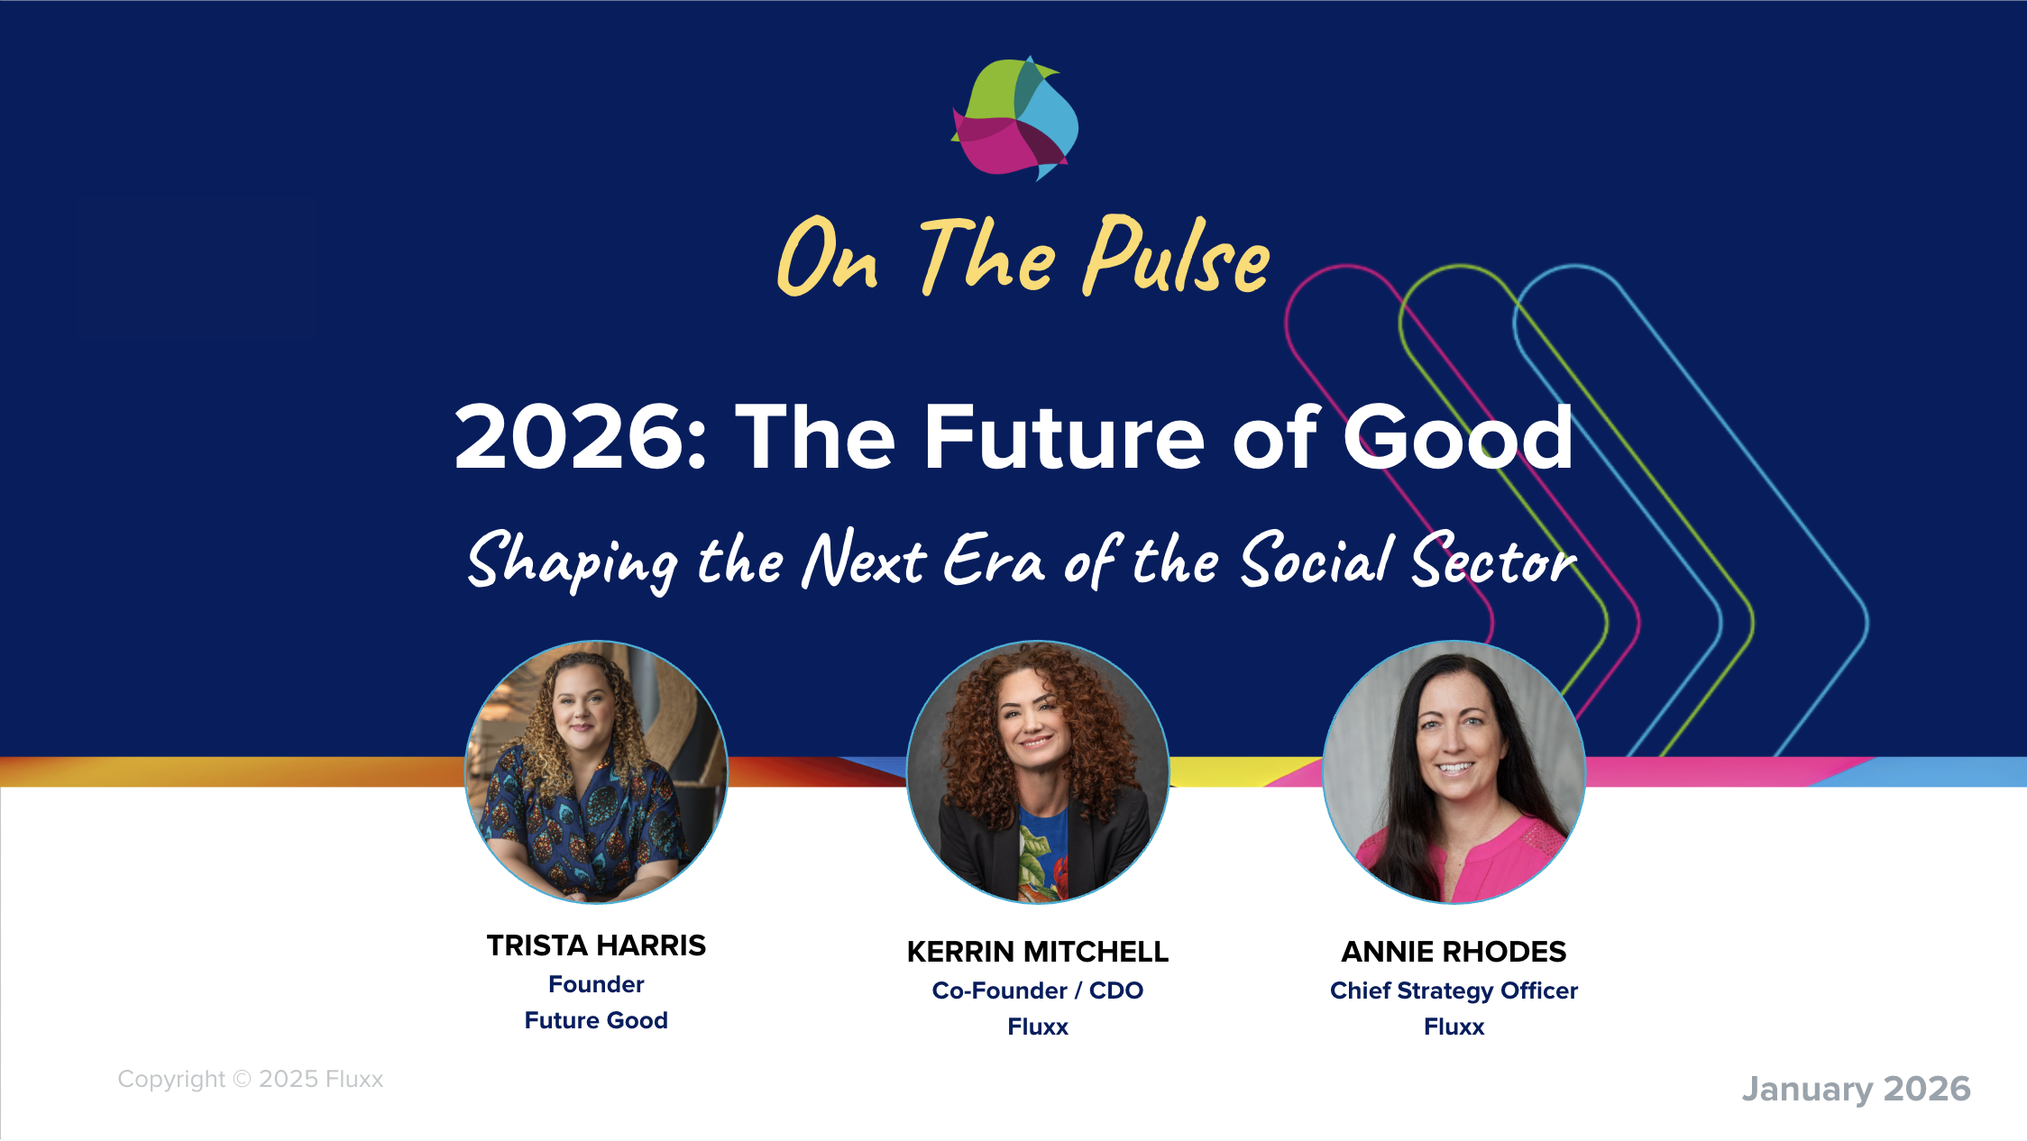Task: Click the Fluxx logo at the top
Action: [x=1014, y=118]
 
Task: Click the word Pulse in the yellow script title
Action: [x=1177, y=257]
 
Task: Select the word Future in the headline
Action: [x=1064, y=437]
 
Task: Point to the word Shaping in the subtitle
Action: [x=573, y=561]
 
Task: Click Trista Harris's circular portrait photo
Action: [x=596, y=771]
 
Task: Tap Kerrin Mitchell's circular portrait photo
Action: [x=1038, y=771]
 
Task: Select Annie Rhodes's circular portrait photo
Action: [x=1454, y=771]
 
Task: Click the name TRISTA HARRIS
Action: [x=596, y=945]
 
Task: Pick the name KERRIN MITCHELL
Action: [x=1038, y=952]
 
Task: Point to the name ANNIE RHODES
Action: [x=1454, y=952]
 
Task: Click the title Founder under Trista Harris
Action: [x=596, y=984]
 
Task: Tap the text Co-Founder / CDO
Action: [x=1038, y=990]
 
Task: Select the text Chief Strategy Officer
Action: [x=1454, y=991]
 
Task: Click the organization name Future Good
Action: [x=596, y=1020]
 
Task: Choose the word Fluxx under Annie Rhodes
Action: [x=1454, y=1027]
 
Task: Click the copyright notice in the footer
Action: [x=251, y=1079]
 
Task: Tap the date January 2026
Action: [x=1856, y=1089]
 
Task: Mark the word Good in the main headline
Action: [x=1458, y=437]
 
